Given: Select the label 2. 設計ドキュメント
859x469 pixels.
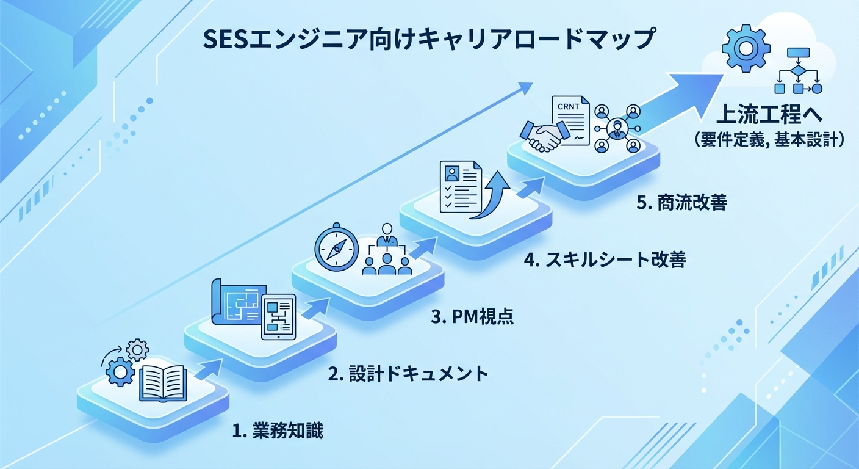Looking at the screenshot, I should (x=408, y=373).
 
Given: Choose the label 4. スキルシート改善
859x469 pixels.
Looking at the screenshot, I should (x=605, y=261).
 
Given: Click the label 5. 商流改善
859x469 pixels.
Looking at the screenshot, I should (x=681, y=203).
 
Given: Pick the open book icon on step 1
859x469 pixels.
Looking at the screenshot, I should (x=162, y=382).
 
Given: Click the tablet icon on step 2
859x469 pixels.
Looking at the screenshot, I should (x=278, y=316).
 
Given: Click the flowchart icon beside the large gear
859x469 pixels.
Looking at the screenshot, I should (x=797, y=73).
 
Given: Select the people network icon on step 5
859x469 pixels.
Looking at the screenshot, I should (x=617, y=129).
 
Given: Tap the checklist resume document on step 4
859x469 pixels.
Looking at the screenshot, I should (x=461, y=186).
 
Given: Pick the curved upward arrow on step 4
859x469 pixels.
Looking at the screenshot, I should (x=495, y=197).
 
